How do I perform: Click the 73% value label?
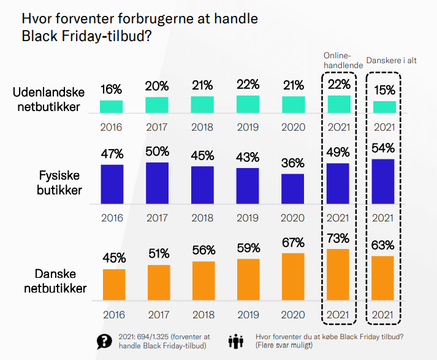[338, 238]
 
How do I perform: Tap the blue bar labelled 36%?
[293, 189]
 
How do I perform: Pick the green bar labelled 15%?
[385, 107]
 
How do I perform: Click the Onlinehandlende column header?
[338, 59]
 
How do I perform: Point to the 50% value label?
[158, 151]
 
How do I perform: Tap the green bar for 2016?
[112, 107]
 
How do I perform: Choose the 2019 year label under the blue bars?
[248, 218]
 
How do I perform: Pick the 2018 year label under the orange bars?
[203, 315]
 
